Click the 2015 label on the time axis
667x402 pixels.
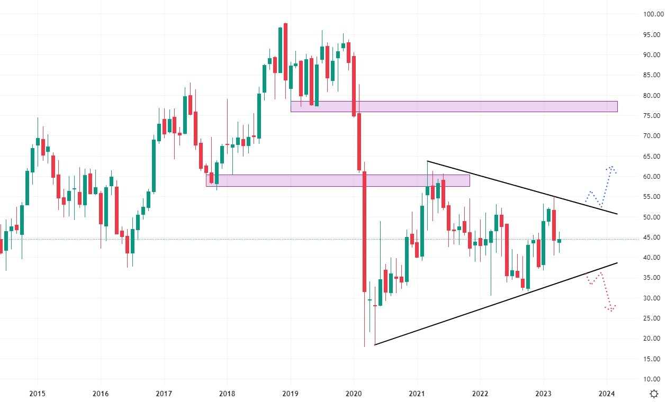37,394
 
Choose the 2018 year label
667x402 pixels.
227,394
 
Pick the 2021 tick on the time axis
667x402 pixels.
417,394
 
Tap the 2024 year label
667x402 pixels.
607,394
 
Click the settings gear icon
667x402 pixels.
654,394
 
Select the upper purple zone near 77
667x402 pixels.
454,106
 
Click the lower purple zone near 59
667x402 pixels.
338,180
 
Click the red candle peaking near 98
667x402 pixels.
285,52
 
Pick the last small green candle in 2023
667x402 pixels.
559,240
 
